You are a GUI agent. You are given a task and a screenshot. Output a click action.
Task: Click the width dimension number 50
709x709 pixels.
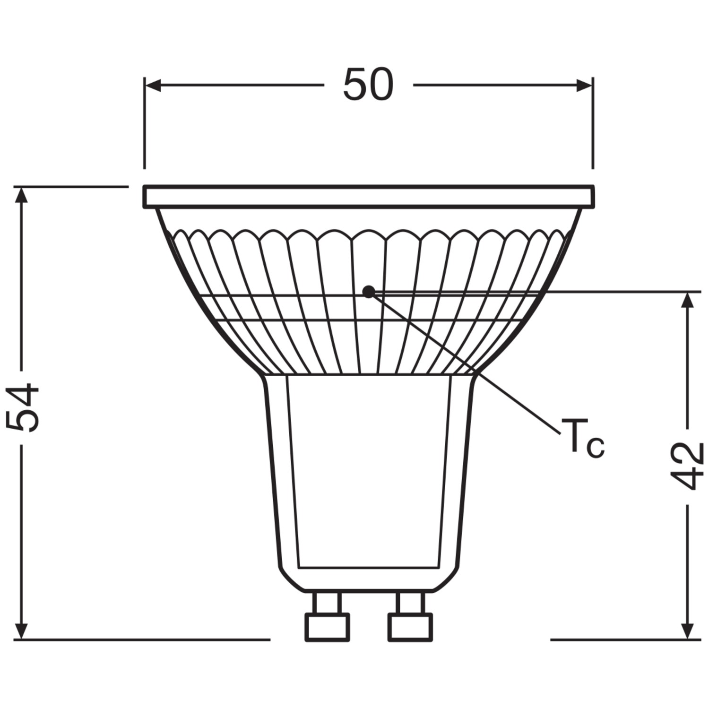tap(368, 85)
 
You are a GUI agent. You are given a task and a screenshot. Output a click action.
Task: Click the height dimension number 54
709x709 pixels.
tap(23, 408)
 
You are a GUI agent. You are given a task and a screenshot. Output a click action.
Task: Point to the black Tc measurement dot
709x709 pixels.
tap(368, 292)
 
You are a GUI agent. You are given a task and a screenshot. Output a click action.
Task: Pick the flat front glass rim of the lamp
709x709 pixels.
tap(368, 197)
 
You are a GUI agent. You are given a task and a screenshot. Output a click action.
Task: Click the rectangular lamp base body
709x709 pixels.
tap(368, 473)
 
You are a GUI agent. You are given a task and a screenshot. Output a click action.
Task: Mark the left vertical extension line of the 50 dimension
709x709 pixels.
tap(145, 123)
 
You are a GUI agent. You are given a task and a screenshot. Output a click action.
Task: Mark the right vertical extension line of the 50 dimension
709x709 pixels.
tap(592, 123)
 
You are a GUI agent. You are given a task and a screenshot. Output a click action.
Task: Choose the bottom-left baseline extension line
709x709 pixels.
tap(142, 640)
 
